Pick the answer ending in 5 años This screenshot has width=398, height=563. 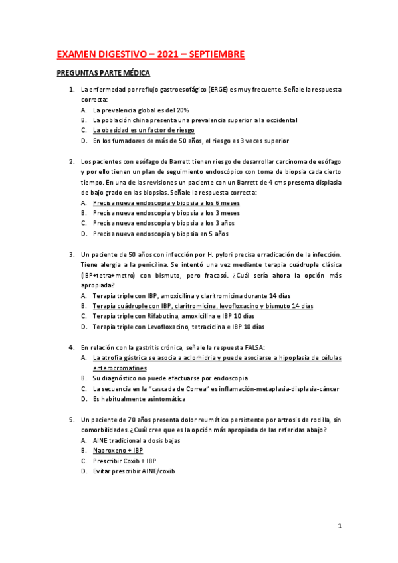[160, 234]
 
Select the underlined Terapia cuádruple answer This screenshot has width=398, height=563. [203, 306]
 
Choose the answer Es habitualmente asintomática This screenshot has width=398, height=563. [139, 399]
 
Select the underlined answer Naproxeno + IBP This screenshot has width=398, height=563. [118, 450]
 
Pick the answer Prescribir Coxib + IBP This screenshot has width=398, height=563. [125, 461]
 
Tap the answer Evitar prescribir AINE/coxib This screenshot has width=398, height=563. [134, 471]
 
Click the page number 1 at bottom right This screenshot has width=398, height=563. [340, 526]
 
